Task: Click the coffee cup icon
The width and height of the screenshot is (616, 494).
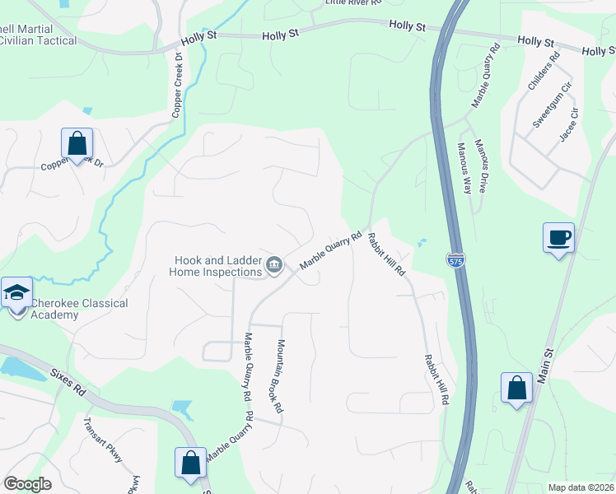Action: click(558, 238)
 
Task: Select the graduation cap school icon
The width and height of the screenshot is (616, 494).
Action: click(17, 293)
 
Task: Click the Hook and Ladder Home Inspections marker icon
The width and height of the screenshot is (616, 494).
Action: click(274, 264)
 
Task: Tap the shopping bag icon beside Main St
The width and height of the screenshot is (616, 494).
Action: click(516, 388)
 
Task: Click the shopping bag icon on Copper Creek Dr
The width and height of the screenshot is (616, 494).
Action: click(77, 144)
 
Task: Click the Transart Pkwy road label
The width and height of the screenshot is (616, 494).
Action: click(102, 440)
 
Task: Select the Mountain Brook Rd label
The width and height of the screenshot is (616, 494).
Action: click(279, 376)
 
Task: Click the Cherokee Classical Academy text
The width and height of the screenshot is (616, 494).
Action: click(79, 309)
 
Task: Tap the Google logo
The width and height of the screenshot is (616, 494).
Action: click(27, 484)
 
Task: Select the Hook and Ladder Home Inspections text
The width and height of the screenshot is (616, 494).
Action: click(217, 264)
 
